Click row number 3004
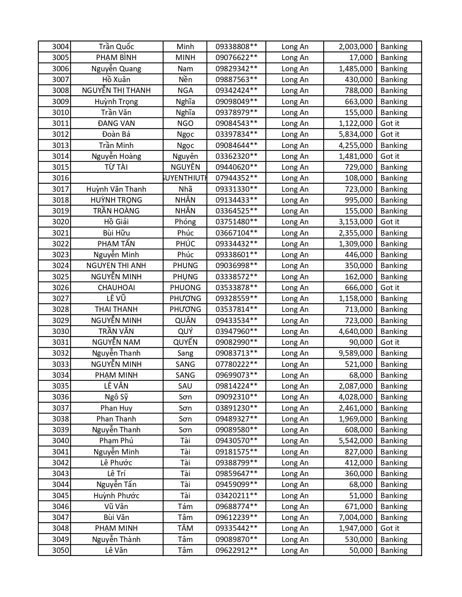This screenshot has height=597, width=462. coord(61,47)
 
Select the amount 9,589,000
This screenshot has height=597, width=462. coord(355,353)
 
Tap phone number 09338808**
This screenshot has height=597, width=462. coord(236,47)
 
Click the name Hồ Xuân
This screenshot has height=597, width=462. coord(116,80)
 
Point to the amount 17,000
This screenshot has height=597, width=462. coord(361,58)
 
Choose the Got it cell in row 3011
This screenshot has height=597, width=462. coord(390,123)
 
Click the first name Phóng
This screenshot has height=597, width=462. coord(185,222)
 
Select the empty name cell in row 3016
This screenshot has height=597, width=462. coord(116,178)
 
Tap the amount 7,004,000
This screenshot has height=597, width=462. coord(355,517)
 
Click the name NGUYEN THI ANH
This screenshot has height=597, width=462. coord(116,266)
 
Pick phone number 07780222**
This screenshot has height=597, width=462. coord(236,364)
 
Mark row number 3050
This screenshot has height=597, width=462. coord(61,550)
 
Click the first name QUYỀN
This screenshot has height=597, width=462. coord(185,342)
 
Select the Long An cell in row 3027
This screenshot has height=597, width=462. coord(295,298)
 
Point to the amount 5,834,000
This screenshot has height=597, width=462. coord(355,134)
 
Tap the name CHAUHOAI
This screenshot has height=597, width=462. coord(116,288)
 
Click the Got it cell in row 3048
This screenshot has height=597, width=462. coord(390,528)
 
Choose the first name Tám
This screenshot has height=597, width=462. coord(185,507)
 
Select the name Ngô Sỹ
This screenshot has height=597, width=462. coord(116,397)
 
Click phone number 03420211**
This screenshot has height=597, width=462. coord(236,496)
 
